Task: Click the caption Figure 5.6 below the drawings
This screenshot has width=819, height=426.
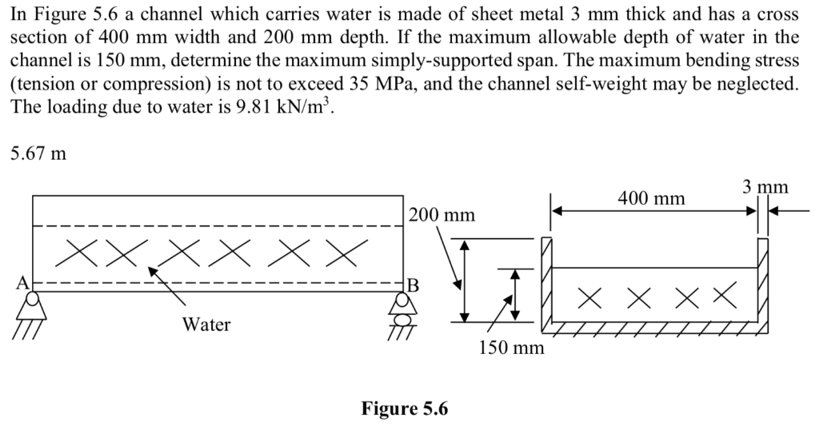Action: point(405,409)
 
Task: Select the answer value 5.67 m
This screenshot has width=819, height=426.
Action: point(38,153)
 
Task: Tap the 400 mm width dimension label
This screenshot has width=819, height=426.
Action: point(652,197)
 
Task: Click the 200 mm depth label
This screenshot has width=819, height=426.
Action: point(441,215)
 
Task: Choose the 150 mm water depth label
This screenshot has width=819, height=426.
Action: point(511,348)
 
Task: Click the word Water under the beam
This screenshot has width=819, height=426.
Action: point(206,324)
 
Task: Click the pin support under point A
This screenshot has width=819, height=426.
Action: point(34,304)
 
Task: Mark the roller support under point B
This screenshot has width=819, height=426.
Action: point(399,308)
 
